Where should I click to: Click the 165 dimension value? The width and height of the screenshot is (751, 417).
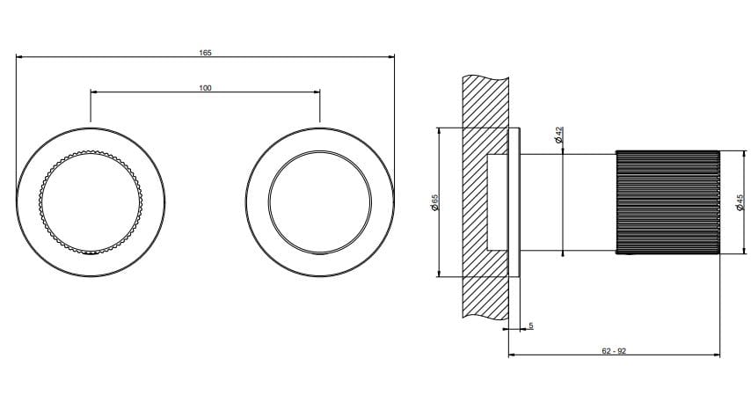pos(205,53)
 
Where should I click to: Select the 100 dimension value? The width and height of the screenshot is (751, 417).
pos(205,87)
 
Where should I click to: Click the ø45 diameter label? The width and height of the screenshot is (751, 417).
pos(740,204)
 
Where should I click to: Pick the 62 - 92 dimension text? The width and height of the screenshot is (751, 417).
pos(614,350)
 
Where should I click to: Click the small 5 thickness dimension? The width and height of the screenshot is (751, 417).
pos(531,326)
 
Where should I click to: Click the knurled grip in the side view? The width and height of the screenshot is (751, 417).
pos(667,202)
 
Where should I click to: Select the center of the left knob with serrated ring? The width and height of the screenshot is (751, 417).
pos(91,202)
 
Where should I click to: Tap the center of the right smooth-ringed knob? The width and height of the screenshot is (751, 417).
pos(319,202)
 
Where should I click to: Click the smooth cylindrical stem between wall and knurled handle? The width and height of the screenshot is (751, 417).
pos(568,202)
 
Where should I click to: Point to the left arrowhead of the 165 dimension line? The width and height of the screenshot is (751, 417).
pos(18,59)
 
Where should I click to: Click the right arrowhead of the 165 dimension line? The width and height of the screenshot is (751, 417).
pos(392,59)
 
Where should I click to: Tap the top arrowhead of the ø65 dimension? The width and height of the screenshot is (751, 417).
pos(439,130)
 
